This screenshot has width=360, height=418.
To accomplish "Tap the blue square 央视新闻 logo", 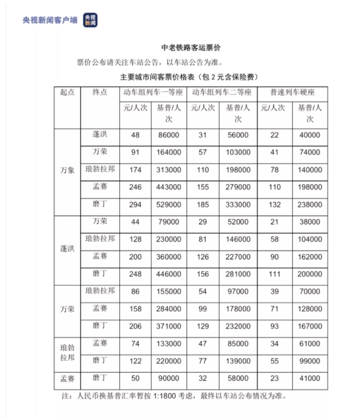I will pos(90,20).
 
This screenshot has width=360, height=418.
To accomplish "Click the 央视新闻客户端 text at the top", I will pos(50,20).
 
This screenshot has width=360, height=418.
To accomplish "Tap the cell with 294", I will pos(135,205).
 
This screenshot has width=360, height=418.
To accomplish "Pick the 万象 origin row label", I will pos(67,170).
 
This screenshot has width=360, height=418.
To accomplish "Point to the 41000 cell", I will pos(310,379).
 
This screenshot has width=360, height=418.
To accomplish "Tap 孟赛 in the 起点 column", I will pos(67,379).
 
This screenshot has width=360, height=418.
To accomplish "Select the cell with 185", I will pos(202,205).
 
